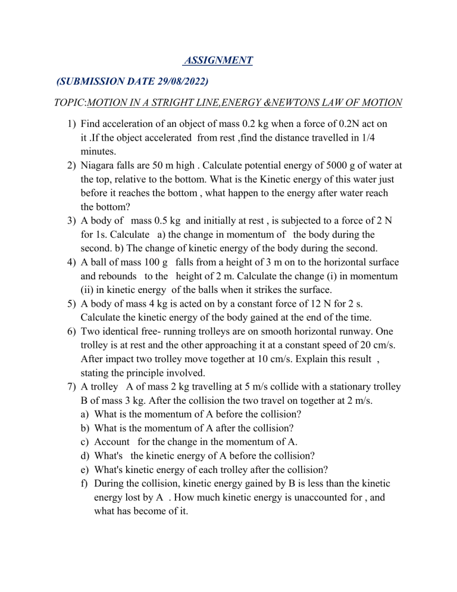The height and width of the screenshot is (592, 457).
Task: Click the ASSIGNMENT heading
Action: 218,60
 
